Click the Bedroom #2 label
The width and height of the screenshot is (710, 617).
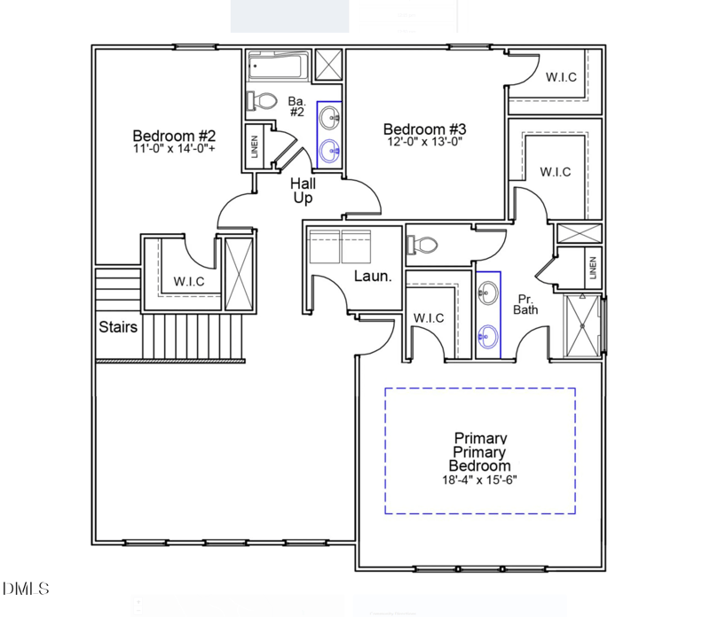coord(174,136)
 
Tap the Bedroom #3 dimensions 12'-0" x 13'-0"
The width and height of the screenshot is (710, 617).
coord(425,142)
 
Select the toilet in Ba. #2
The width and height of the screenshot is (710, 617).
coord(262,101)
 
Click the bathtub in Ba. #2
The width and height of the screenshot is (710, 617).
coord(278,66)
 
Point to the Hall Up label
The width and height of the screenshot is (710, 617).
coord(303,191)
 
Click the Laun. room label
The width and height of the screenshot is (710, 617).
coord(373,276)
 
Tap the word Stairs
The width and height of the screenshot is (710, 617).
coord(118,326)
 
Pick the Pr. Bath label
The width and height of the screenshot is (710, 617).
coord(525,304)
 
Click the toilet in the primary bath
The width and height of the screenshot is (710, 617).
coord(422,246)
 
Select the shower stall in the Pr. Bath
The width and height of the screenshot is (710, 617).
coord(582,325)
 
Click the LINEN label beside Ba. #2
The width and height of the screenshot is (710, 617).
coord(255,146)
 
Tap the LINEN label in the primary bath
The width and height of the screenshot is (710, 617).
coord(593,268)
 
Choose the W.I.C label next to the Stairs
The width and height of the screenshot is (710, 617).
coord(189,281)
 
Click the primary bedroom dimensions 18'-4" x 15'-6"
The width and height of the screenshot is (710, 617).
coord(479,480)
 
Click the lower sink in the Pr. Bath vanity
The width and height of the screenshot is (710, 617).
coord(488,337)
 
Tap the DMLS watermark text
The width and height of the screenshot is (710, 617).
coord(26,589)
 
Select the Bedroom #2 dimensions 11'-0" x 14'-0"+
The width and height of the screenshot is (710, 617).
coord(174,148)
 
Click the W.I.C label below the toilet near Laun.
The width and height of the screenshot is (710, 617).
coord(429,318)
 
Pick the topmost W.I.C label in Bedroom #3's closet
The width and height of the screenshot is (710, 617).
coord(561,77)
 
